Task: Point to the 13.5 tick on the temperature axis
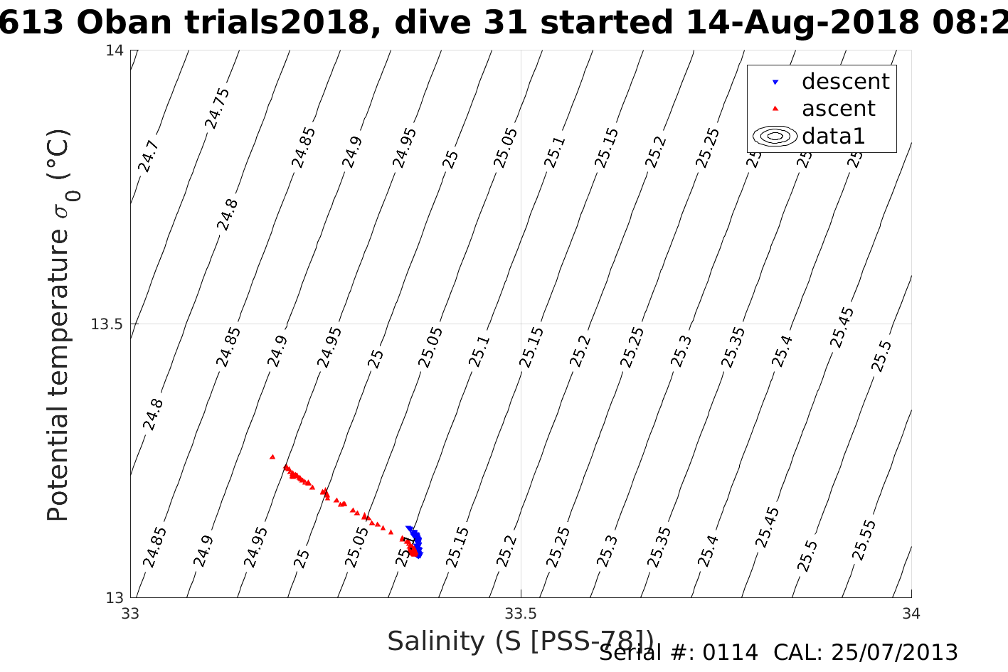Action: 107,324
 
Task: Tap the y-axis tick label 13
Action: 115,598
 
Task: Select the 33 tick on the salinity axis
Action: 131,613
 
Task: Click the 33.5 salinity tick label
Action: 521,613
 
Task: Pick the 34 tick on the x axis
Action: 911,613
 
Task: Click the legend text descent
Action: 845,82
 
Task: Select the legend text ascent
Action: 838,109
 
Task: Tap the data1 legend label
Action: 833,136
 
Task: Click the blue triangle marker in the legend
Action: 775,82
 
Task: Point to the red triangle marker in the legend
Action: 775,109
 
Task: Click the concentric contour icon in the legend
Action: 775,136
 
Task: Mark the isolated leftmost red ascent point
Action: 272,457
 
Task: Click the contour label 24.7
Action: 149,156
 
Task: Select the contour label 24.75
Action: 218,108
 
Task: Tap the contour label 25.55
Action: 864,540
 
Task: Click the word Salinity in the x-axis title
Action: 436,641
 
